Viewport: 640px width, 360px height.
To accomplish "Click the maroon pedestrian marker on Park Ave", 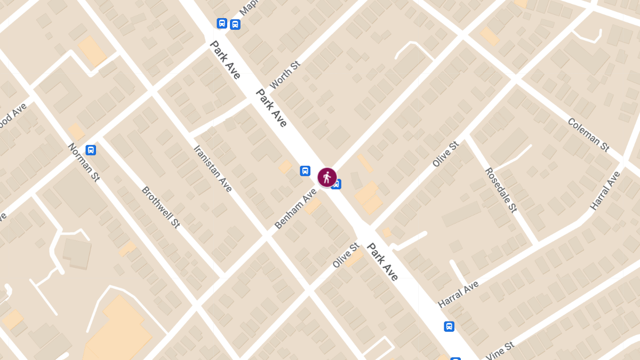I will tap(327, 177).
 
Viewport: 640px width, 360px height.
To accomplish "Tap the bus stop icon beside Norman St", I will tap(91, 150).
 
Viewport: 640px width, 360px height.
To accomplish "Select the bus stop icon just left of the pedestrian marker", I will tap(305, 171).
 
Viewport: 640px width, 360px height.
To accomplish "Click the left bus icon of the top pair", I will tap(222, 23).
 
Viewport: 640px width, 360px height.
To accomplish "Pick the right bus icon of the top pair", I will tap(235, 24).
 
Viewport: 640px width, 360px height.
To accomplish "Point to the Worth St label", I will tap(285, 75).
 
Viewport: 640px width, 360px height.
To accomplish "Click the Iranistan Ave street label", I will tap(213, 169).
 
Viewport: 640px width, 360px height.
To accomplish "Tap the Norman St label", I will tap(84, 162).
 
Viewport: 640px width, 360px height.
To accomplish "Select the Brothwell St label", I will tap(160, 207).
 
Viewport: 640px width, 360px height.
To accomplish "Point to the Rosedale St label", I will tap(501, 190).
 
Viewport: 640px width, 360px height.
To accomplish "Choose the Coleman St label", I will tap(588, 134).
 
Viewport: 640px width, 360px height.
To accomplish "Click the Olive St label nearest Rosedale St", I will tap(445, 154).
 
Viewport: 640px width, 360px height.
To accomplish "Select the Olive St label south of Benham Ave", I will tap(346, 255).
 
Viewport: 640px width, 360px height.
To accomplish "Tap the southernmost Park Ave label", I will tap(382, 262).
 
